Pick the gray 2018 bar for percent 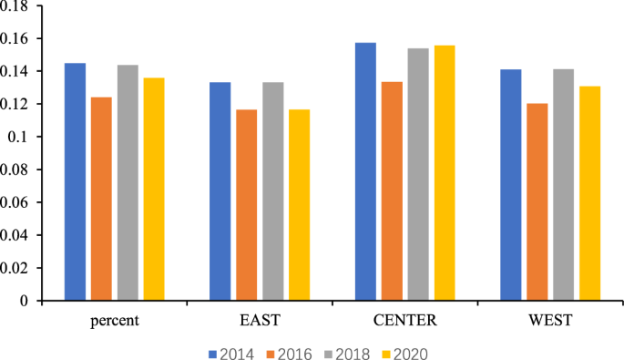click(127, 182)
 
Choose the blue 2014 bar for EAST click(220, 191)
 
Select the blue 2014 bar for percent click(75, 181)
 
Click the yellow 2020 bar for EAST click(299, 205)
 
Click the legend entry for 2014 click(228, 353)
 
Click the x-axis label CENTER click(405, 320)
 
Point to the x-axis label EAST click(260, 320)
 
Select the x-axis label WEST click(550, 320)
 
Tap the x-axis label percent click(114, 320)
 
